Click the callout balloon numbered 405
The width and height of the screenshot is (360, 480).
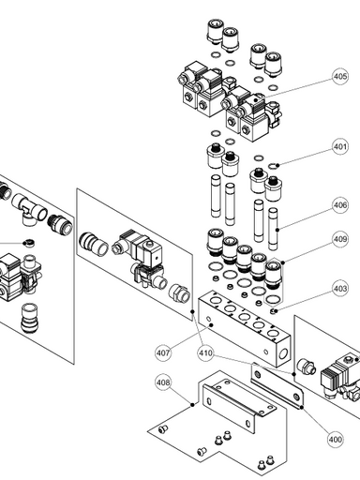[x=340, y=77]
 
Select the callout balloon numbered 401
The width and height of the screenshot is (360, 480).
[x=340, y=146]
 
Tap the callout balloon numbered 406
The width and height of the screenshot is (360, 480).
[x=340, y=205]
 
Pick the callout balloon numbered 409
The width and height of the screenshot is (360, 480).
[x=340, y=239]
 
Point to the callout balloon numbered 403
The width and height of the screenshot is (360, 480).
[x=340, y=288]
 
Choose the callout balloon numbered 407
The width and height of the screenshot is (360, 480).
[x=163, y=353]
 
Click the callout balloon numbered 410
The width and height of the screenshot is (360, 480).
[x=205, y=353]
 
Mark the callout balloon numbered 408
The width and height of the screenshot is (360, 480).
[x=163, y=382]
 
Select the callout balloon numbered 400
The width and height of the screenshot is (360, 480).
[x=335, y=440]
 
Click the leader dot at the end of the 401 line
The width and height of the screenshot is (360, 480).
[x=277, y=164]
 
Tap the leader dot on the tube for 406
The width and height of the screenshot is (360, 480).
[x=277, y=230]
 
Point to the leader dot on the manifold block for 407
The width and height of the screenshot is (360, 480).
[x=211, y=325]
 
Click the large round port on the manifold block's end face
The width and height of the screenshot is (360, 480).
[x=283, y=353]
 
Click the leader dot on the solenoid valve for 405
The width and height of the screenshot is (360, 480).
[x=256, y=100]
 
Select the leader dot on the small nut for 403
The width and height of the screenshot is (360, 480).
[x=276, y=310]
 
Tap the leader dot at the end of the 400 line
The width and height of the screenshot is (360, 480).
[x=302, y=407]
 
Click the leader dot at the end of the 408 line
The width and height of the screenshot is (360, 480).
[x=192, y=405]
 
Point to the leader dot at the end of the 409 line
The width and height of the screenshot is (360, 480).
[x=283, y=262]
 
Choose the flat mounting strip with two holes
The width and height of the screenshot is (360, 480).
[x=277, y=386]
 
